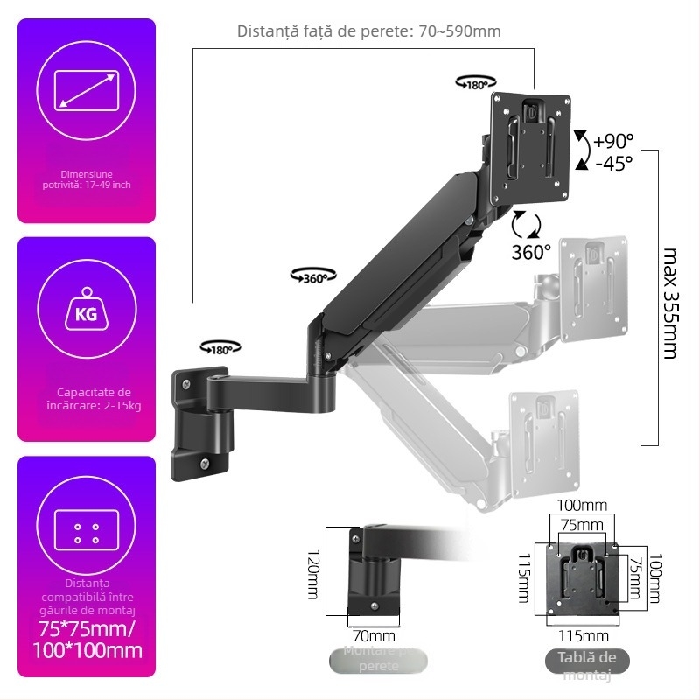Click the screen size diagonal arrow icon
[x=87, y=91]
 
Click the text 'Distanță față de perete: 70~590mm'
[x=368, y=31]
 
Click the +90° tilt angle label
[x=612, y=141]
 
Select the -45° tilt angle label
[x=612, y=164]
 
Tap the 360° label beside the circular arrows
[x=531, y=252]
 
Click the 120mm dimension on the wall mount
[x=313, y=574]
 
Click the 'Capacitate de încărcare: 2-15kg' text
[x=87, y=399]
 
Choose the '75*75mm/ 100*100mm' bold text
[x=87, y=640]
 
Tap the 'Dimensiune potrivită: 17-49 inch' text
[x=87, y=179]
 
